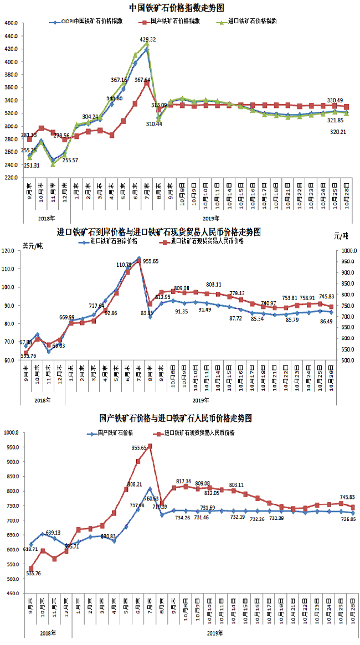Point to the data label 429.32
pos(148,40)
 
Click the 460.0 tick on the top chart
pos(12,23)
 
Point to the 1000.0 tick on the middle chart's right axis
pos(348,251)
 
